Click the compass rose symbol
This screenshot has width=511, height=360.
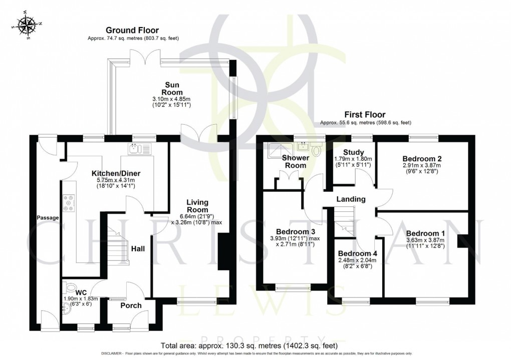tap(28, 25)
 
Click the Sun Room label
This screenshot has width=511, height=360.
tap(175, 89)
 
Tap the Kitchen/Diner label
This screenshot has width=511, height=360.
tap(115, 173)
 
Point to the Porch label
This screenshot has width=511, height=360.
tap(131, 305)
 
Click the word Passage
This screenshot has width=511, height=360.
tap(48, 218)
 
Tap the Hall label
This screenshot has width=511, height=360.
tap(138, 248)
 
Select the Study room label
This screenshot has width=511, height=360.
tap(353, 152)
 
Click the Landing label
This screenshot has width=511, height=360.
tap(351, 199)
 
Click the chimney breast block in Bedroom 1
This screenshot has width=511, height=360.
tap(460, 240)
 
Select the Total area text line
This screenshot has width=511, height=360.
tap(248, 345)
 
